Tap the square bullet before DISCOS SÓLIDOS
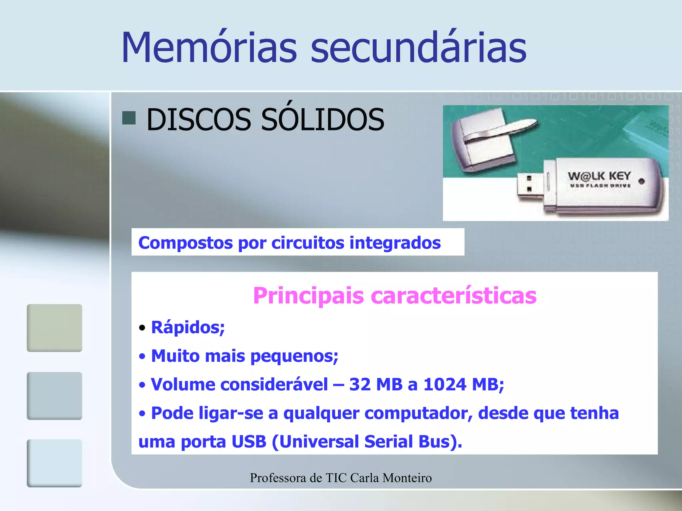click(x=129, y=118)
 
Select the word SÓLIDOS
click(x=322, y=119)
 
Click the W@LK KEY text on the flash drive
click(x=599, y=176)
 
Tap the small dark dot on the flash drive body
click(x=641, y=181)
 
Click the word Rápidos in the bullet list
click(x=188, y=327)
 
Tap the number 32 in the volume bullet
click(x=360, y=385)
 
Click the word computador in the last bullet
click(x=418, y=413)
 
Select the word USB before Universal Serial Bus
click(x=249, y=442)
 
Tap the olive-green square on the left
click(x=54, y=328)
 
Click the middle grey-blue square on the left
click(x=54, y=396)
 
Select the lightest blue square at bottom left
click(x=54, y=463)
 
